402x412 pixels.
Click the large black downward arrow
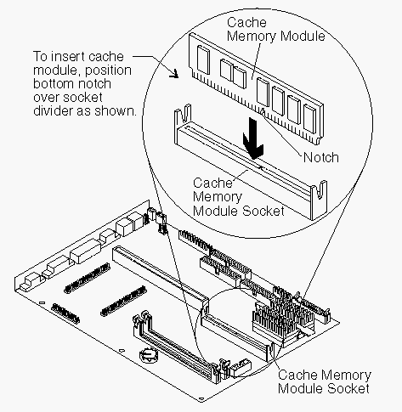coord(253,138)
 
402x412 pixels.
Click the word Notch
coord(321,157)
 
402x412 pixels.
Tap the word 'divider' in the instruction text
coord(54,110)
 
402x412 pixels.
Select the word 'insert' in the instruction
coord(64,57)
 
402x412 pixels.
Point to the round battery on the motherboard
coord(149,355)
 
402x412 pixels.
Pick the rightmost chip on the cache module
coord(309,118)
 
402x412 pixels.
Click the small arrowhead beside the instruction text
coord(174,74)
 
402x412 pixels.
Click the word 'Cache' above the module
coord(246,23)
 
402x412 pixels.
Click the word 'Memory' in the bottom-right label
coord(348,375)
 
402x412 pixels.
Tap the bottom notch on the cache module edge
coord(263,112)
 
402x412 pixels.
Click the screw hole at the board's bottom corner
coord(201,399)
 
